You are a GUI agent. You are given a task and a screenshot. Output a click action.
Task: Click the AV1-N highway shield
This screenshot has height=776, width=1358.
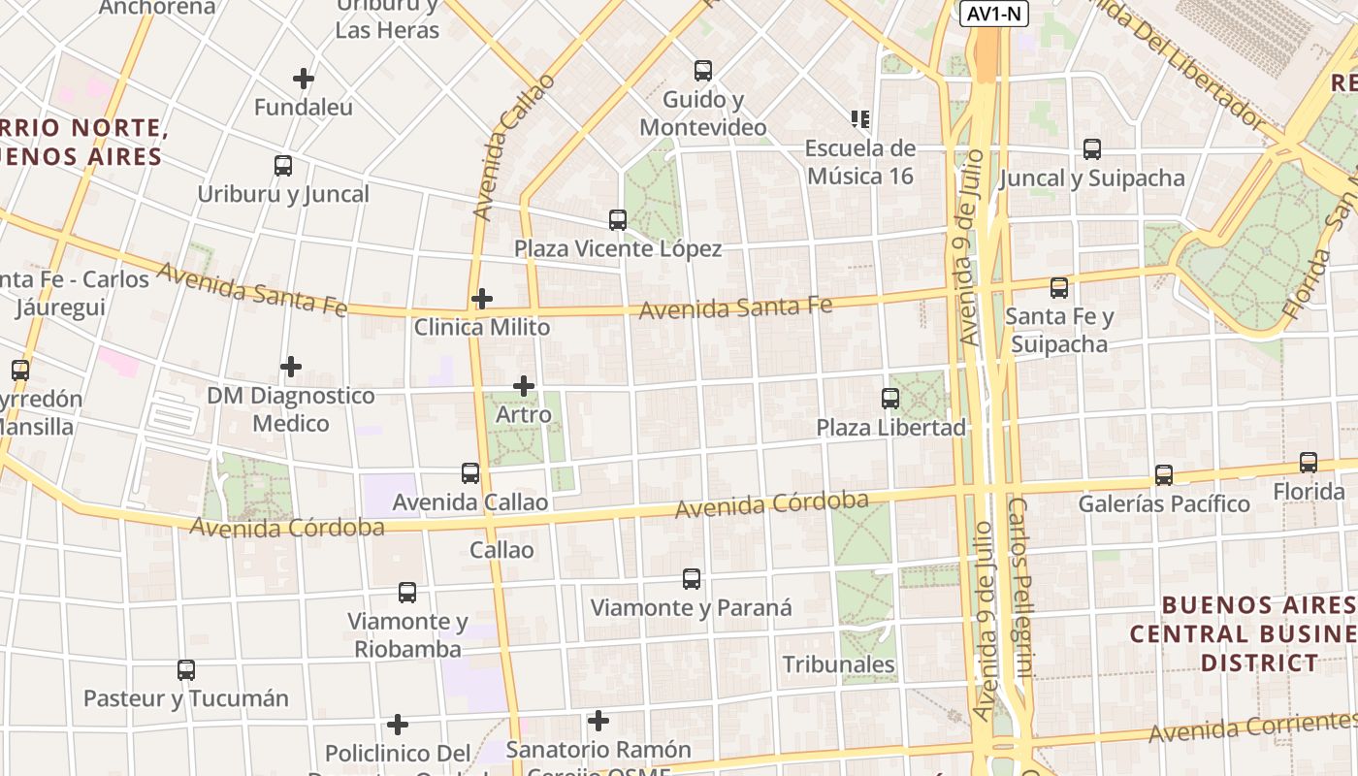point(994,14)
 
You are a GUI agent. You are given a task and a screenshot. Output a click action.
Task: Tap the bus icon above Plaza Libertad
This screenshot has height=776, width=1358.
point(889,398)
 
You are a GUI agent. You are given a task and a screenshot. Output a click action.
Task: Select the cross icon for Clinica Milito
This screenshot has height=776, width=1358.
point(482,298)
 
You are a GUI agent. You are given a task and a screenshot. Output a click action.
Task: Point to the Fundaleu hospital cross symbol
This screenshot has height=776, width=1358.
point(304,79)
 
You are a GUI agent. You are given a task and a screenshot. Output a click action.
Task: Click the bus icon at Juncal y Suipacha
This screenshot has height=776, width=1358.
point(1092,149)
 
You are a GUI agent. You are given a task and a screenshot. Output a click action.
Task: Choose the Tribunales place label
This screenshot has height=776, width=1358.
point(838,664)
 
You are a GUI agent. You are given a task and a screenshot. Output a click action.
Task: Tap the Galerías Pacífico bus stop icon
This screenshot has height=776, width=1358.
point(1164,475)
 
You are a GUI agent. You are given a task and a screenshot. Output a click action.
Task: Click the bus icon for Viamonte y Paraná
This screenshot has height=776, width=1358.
point(692,579)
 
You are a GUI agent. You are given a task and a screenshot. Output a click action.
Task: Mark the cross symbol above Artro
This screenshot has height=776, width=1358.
point(524,386)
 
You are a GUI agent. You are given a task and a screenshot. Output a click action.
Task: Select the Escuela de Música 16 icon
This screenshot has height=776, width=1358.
point(860,119)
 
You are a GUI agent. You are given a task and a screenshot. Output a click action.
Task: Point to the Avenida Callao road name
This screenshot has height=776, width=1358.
point(503,145)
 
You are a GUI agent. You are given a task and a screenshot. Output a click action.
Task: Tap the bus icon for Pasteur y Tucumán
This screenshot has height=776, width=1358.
point(186,669)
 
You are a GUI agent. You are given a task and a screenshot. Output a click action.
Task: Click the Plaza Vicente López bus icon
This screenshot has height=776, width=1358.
point(618,220)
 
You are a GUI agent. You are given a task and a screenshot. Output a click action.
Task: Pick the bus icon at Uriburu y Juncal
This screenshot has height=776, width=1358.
point(283,166)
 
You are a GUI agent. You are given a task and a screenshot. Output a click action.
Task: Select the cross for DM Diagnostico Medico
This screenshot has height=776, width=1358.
point(291,367)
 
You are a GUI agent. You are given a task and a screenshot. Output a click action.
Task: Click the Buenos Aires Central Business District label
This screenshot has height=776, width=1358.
point(1242,633)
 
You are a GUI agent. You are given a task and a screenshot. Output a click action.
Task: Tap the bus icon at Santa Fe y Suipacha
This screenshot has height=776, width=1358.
point(1059,288)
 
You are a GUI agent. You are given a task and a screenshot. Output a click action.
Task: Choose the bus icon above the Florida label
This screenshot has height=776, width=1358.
point(1309,463)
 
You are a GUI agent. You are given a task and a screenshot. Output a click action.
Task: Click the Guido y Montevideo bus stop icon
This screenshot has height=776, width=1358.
point(703,71)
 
